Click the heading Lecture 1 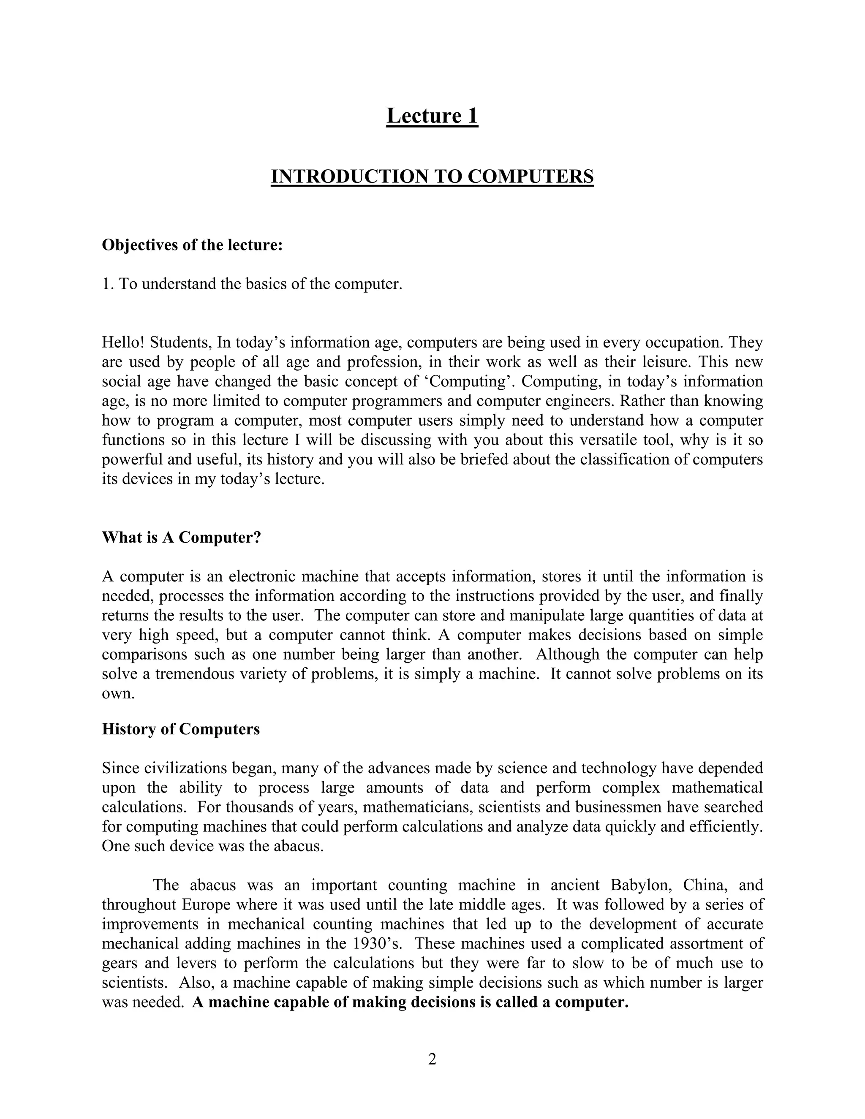[432, 116]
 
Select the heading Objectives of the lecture [192, 245]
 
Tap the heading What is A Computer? [181, 538]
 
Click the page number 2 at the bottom [432, 1059]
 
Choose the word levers [190, 963]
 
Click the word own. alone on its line [118, 694]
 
